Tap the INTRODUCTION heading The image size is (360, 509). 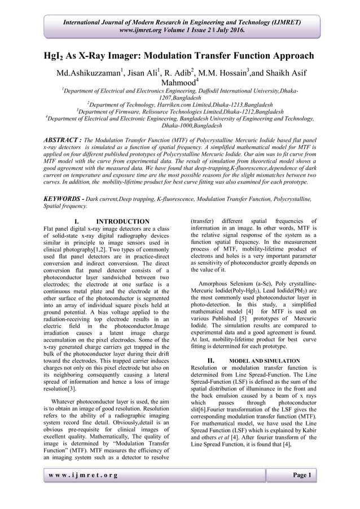pos(123,221)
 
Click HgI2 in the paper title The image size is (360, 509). pos(57,56)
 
